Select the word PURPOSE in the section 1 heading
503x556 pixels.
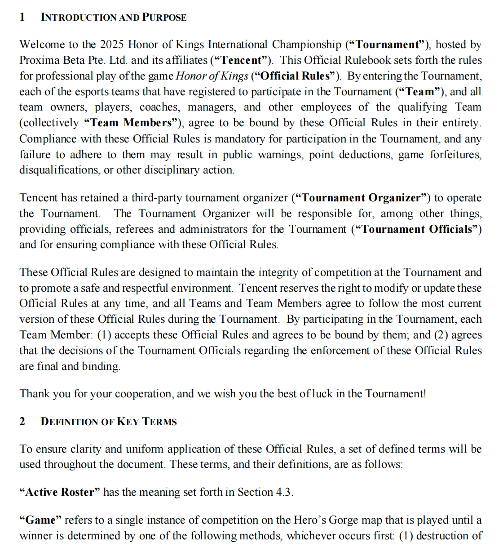point(164,18)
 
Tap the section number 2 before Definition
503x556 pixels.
point(22,422)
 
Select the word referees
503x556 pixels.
point(135,229)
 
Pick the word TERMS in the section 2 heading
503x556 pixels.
point(159,422)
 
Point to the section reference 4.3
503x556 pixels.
point(284,492)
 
